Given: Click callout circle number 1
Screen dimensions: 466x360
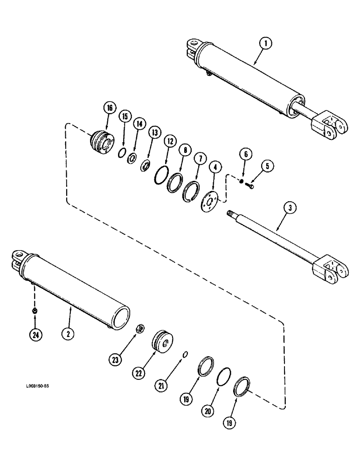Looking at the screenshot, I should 265,44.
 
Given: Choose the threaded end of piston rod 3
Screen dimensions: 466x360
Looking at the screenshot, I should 231,214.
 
